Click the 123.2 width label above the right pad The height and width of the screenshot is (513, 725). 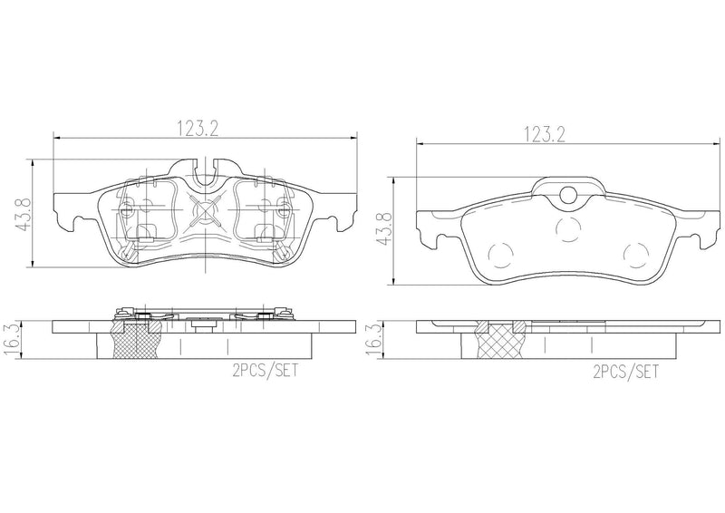544,134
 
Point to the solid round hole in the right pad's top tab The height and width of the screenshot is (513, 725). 568,193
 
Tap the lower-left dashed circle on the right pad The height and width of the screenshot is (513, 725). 499,256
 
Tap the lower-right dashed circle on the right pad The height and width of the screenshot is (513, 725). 637,256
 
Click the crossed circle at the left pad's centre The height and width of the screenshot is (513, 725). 207,215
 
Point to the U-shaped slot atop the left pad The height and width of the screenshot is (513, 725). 207,168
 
